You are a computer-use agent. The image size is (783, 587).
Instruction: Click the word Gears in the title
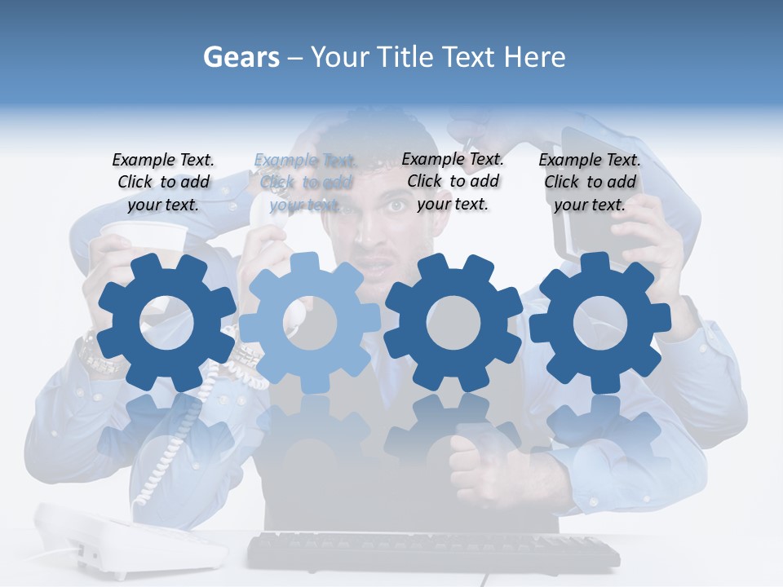[241, 57]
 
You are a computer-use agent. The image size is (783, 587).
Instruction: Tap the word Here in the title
[534, 57]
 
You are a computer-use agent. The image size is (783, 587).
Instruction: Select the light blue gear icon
[309, 322]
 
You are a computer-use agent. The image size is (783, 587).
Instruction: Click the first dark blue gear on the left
[167, 323]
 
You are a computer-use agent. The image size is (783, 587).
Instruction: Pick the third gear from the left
[453, 322]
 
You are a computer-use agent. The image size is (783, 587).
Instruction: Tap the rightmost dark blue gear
[599, 322]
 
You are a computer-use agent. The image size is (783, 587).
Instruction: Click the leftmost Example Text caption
[163, 182]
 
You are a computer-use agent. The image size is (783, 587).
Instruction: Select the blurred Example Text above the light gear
[305, 182]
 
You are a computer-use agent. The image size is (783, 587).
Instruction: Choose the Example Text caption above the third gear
[453, 181]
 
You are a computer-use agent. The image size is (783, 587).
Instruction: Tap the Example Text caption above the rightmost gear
[590, 182]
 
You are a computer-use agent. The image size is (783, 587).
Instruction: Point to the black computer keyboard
[432, 553]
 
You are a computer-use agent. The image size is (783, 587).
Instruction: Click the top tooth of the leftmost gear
[167, 263]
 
